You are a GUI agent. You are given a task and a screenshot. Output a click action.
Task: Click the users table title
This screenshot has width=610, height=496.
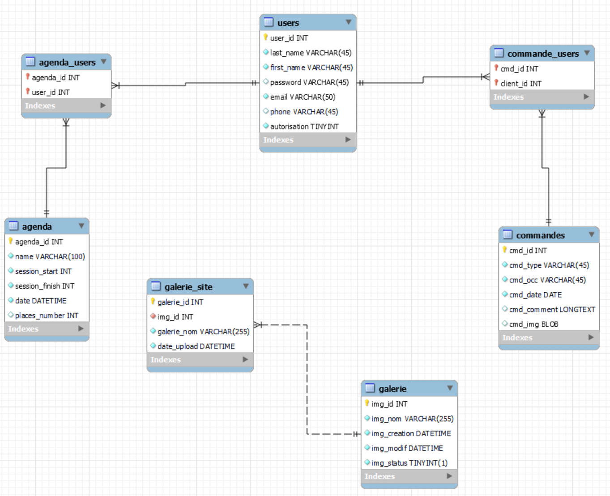point(288,23)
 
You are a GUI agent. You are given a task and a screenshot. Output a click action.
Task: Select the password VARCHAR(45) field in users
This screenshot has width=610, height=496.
point(309,82)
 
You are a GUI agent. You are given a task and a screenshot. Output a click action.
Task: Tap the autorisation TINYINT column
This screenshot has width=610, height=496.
point(304,126)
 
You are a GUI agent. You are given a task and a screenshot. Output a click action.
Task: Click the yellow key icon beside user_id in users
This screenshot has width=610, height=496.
point(265,37)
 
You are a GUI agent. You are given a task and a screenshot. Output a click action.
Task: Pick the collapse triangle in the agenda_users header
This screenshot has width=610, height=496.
point(104,62)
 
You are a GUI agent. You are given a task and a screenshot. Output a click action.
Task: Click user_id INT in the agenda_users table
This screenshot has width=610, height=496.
point(51,92)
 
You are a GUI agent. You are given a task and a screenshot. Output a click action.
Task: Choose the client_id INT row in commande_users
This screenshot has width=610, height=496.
point(521,84)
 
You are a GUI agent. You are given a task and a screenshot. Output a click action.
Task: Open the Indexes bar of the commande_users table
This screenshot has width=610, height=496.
point(542,97)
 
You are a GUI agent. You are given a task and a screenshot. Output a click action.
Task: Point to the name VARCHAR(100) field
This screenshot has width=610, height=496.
point(50,256)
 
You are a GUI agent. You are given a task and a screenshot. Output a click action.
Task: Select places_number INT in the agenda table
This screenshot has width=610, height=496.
point(47,315)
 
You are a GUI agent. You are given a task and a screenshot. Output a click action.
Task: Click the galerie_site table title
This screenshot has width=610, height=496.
point(188,287)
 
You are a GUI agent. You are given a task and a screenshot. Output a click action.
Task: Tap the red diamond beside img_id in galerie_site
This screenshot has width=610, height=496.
point(153,316)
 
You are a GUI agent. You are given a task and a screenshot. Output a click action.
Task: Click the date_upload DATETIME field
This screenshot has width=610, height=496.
point(196,346)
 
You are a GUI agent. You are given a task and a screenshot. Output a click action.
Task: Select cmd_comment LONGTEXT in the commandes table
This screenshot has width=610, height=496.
point(552,309)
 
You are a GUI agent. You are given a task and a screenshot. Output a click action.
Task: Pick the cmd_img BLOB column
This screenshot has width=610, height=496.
point(534,324)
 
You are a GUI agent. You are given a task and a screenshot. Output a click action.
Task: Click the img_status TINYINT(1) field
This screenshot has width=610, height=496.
point(410,463)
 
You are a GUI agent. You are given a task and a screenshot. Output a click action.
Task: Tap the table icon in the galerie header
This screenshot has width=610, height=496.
point(370,388)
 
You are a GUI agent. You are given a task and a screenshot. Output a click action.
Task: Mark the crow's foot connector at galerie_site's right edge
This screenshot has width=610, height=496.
point(258,325)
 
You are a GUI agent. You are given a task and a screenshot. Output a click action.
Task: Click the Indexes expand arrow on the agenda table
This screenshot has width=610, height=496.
point(81,328)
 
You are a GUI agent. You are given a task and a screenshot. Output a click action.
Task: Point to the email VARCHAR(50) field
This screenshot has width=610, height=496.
point(303,97)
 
